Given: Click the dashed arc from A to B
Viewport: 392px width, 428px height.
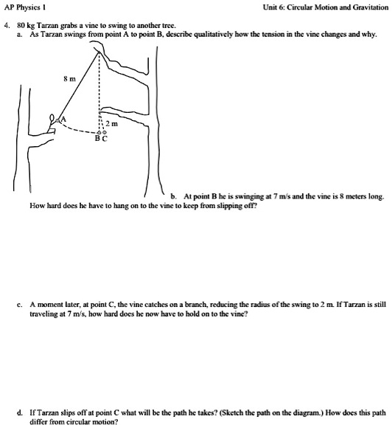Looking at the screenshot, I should [x=77, y=131].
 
